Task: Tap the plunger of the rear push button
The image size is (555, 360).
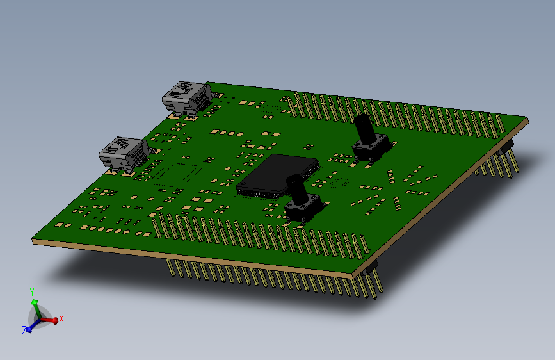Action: [x=364, y=129]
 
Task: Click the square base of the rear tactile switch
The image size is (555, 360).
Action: [x=371, y=150]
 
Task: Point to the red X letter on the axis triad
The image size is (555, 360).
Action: [x=61, y=318]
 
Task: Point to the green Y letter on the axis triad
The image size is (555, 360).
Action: [x=32, y=292]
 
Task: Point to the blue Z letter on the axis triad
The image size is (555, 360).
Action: [x=25, y=331]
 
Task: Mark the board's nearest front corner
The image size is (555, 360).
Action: [x=353, y=275]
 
